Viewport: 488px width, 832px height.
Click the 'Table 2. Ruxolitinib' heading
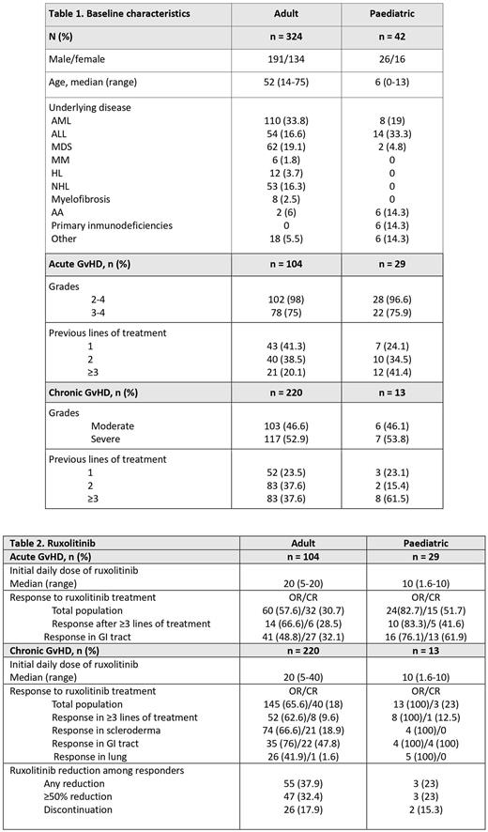(x=63, y=542)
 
